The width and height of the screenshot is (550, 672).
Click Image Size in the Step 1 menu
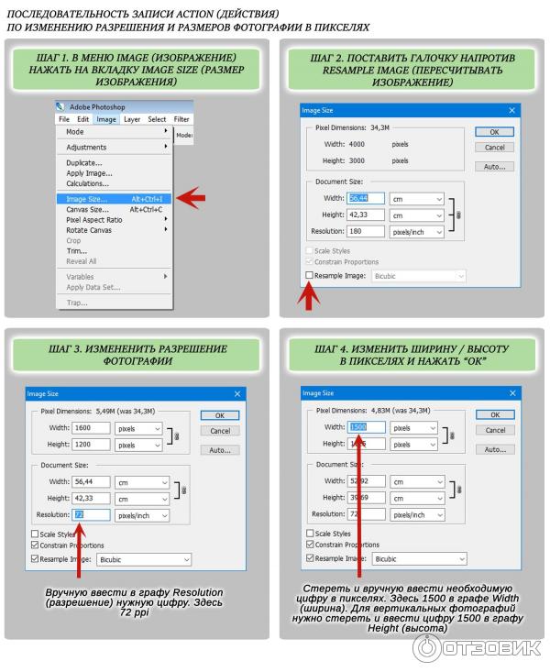click(87, 198)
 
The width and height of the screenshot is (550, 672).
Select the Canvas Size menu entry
click(87, 209)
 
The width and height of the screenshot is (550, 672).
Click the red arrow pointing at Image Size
click(191, 197)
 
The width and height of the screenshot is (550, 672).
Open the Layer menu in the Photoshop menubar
click(132, 119)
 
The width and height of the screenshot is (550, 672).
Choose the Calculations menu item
click(88, 183)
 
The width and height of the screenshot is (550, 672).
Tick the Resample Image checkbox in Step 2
click(309, 275)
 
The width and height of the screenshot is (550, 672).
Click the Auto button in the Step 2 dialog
click(494, 167)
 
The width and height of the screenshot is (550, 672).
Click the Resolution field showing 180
click(366, 231)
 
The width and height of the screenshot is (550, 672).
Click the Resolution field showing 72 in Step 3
click(91, 514)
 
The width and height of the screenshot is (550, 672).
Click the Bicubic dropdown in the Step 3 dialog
click(144, 558)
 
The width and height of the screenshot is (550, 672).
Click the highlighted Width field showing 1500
click(366, 427)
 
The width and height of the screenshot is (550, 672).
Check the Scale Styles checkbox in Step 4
click(309, 533)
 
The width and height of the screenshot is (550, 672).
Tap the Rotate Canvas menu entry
click(89, 230)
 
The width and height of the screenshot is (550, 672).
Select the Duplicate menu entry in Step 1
click(84, 162)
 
